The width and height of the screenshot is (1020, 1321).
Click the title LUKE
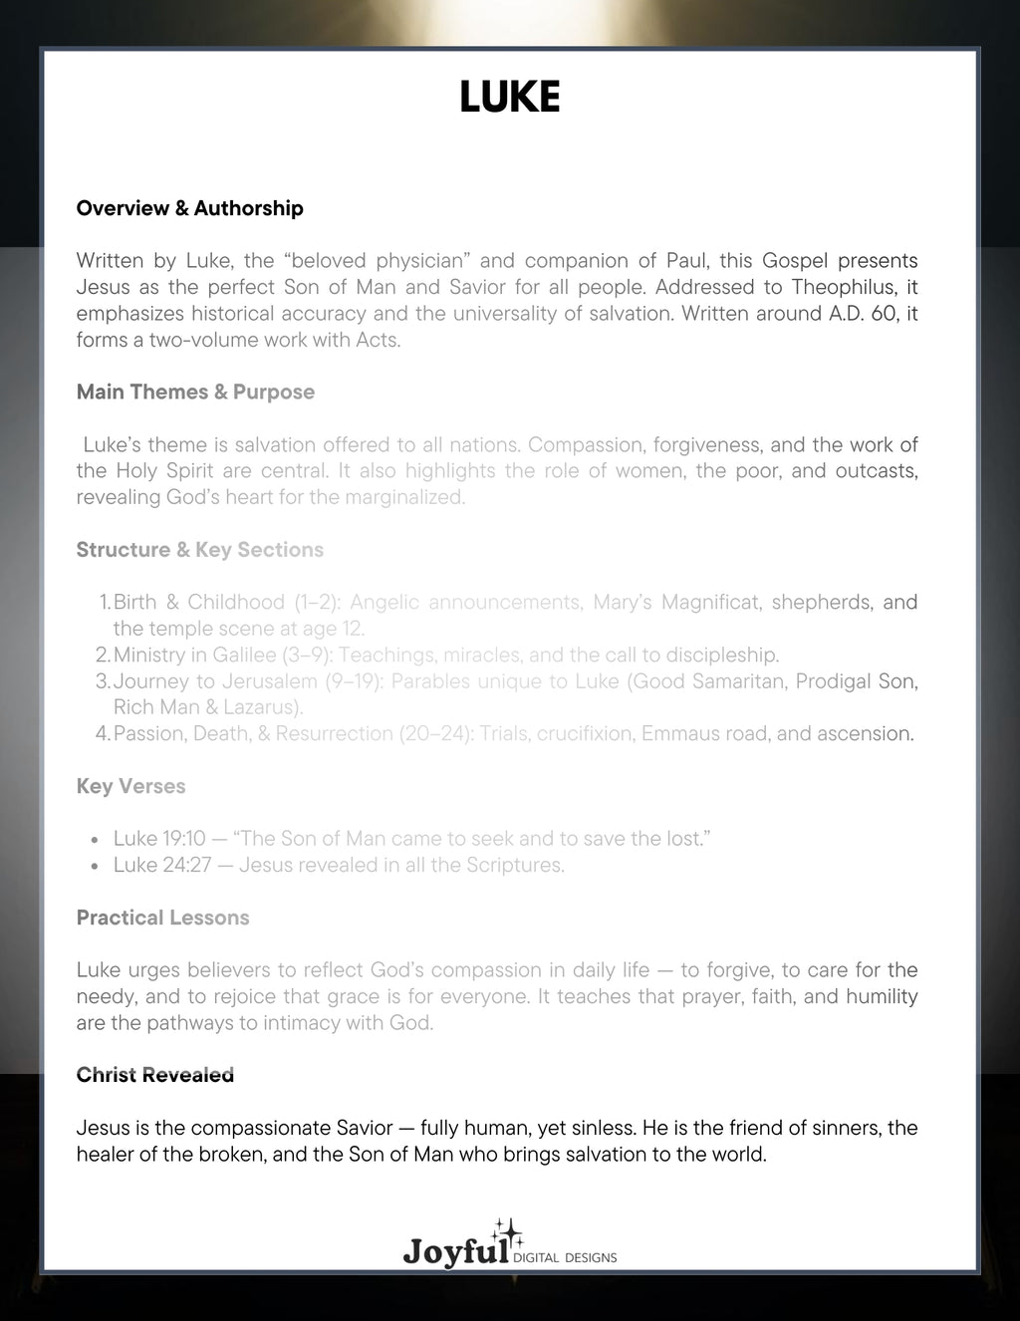tap(509, 98)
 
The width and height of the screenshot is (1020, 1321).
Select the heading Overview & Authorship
tap(189, 208)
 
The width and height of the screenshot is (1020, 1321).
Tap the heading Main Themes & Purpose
tap(195, 392)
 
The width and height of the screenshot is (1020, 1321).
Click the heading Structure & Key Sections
tap(199, 550)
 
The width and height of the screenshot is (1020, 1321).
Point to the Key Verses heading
tap(130, 786)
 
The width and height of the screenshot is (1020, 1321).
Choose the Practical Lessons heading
tap(162, 918)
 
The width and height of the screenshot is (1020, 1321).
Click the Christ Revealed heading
tap(154, 1075)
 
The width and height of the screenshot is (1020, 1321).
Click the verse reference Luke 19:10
tap(159, 839)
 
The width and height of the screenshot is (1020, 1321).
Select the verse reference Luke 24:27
tap(162, 865)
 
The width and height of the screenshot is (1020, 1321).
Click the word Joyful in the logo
tap(455, 1251)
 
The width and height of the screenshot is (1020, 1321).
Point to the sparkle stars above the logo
tap(508, 1231)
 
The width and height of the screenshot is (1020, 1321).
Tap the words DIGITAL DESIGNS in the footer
tap(565, 1257)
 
